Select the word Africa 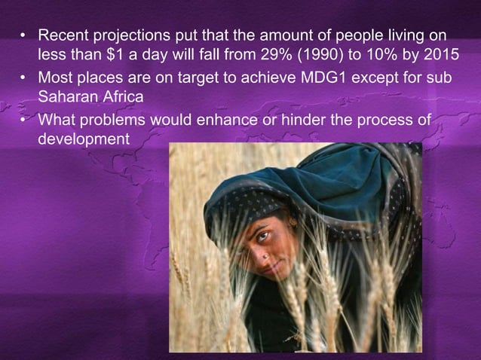click(122, 97)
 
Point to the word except click(392, 77)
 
